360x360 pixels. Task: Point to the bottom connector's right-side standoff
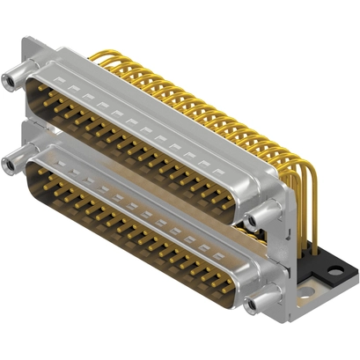(x=257, y=304)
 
